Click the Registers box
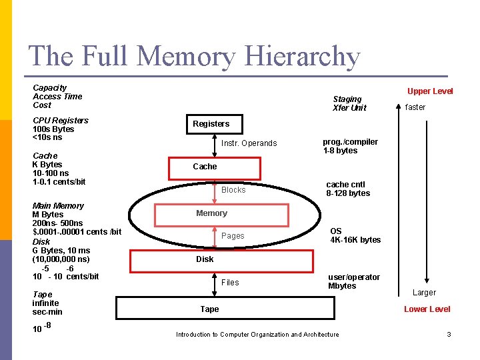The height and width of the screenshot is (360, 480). click(x=211, y=124)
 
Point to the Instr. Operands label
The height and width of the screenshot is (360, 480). click(x=249, y=143)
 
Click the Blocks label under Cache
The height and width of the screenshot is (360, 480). click(x=233, y=190)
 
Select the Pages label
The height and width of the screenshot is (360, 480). click(x=233, y=236)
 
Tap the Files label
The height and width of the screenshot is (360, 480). click(x=230, y=283)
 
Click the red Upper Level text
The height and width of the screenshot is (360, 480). click(x=430, y=91)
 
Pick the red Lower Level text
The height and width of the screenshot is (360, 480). click(x=427, y=309)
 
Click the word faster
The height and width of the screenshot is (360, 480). click(x=415, y=107)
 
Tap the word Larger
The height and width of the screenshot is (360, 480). click(x=424, y=293)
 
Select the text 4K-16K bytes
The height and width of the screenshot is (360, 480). click(x=355, y=240)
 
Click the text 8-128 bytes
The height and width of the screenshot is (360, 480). click(x=347, y=193)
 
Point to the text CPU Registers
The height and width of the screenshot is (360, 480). click(x=61, y=121)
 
